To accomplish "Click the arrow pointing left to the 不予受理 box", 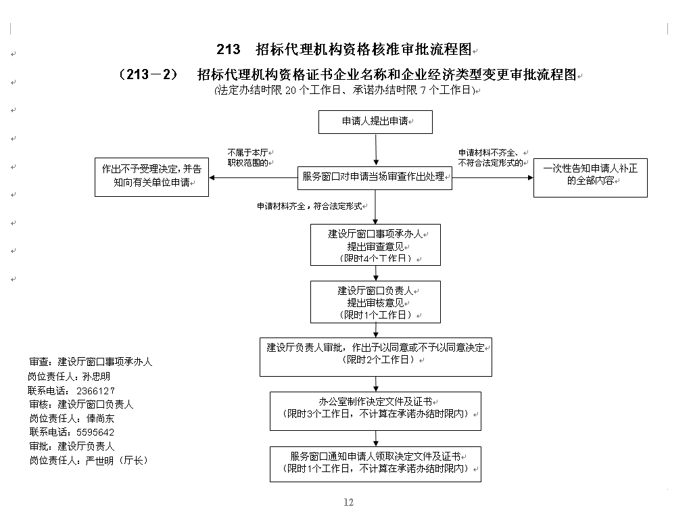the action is click(254, 178).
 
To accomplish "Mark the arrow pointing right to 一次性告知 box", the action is click(493, 178).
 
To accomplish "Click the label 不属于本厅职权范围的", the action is click(249, 158).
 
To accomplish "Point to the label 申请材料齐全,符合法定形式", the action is click(310, 206).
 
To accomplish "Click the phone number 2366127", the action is click(95, 391).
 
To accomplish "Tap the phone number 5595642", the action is click(95, 432).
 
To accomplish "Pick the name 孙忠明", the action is click(96, 377).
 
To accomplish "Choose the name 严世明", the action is click(99, 461).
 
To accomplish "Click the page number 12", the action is click(349, 503).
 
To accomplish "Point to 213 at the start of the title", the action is click(229, 49).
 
